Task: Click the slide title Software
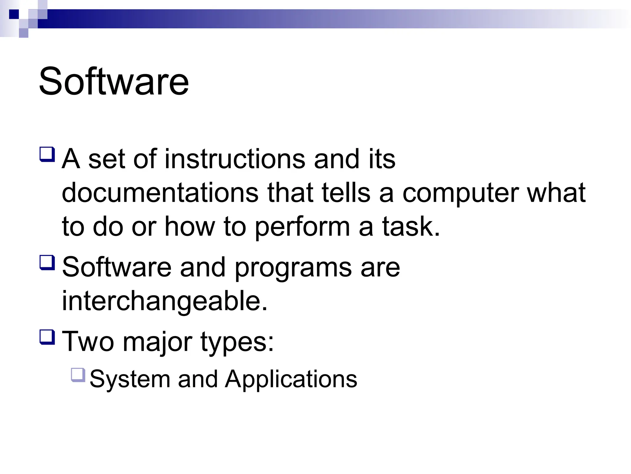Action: (x=114, y=81)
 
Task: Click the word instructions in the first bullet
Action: (x=235, y=159)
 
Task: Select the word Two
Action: (x=88, y=341)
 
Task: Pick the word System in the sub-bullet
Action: (x=130, y=379)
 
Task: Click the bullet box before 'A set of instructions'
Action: (x=47, y=154)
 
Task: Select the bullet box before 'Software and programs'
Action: (x=47, y=263)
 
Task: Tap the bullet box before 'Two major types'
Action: (x=47, y=337)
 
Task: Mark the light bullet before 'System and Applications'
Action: (x=78, y=375)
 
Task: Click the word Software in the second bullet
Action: (x=117, y=267)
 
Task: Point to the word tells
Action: (x=346, y=193)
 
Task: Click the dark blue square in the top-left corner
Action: (x=14, y=14)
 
